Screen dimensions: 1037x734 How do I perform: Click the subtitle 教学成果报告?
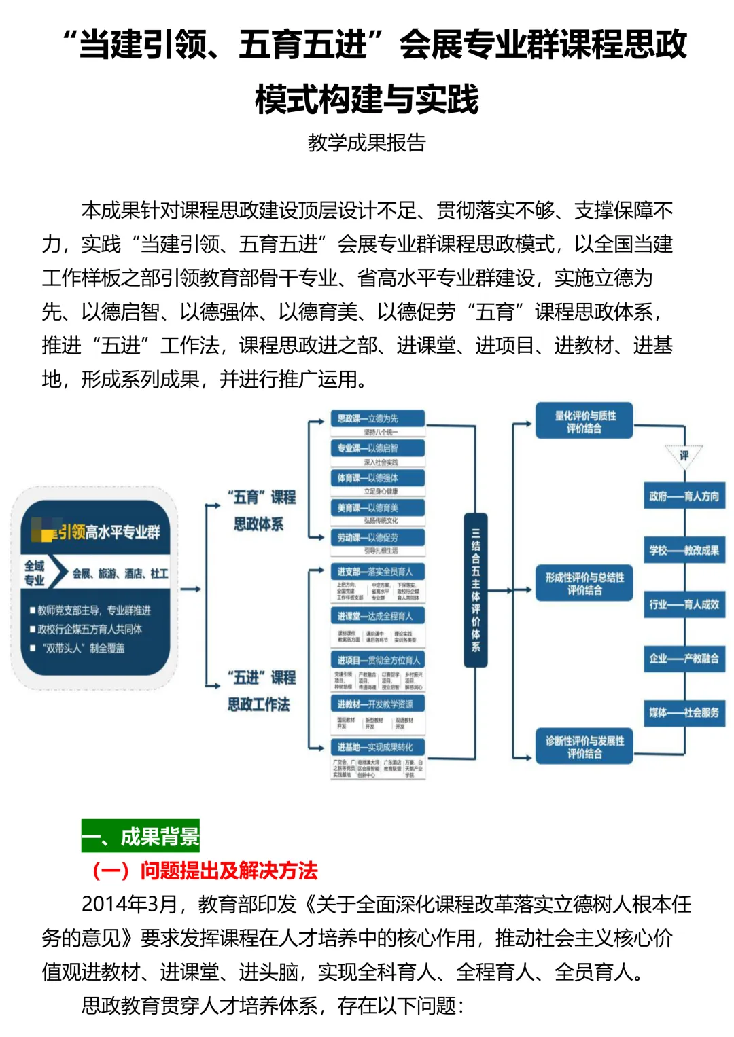pyautogui.click(x=366, y=143)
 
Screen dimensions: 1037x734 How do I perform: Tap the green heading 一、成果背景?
pyautogui.click(x=141, y=837)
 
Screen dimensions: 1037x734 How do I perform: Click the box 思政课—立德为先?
pyautogui.click(x=377, y=418)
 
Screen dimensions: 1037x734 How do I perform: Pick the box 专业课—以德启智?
pyautogui.click(x=377, y=448)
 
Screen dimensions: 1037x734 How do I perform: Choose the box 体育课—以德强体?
pyautogui.click(x=377, y=478)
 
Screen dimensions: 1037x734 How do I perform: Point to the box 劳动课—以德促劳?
pyautogui.click(x=377, y=537)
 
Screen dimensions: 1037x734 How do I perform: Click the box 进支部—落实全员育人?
pyautogui.click(x=377, y=572)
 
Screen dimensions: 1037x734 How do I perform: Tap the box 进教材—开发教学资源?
pyautogui.click(x=377, y=704)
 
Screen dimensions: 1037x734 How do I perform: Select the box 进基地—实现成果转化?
pyautogui.click(x=377, y=747)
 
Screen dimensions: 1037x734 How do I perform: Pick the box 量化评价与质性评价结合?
pyautogui.click(x=584, y=422)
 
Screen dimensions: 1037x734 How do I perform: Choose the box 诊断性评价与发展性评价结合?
pyautogui.click(x=584, y=747)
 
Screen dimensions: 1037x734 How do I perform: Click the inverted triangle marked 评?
pyautogui.click(x=684, y=454)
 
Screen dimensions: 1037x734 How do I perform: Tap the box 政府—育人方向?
pyautogui.click(x=684, y=496)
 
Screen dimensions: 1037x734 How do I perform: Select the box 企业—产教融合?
pyautogui.click(x=684, y=658)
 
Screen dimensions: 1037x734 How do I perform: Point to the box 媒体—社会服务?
pyautogui.click(x=684, y=712)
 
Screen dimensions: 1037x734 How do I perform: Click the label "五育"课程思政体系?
pyautogui.click(x=262, y=510)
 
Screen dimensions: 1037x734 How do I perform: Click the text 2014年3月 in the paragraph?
pyautogui.click(x=129, y=905)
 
